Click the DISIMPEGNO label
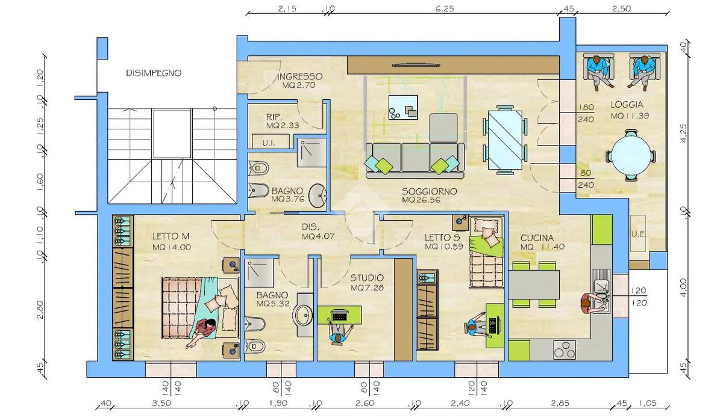[x=154, y=73]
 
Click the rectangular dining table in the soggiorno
[x=505, y=140]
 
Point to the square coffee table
[x=403, y=107]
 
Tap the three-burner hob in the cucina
[x=565, y=350]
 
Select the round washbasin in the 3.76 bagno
[x=318, y=196]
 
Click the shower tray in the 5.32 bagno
[x=258, y=273]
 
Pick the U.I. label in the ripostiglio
[x=269, y=143]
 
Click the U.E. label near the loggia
[x=639, y=234]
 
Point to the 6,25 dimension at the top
[x=445, y=8]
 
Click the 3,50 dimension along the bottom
[x=161, y=403]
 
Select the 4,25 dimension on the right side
[x=684, y=133]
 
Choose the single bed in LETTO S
[x=486, y=252]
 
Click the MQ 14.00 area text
[x=172, y=247]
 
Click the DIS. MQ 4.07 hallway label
[x=318, y=232]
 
